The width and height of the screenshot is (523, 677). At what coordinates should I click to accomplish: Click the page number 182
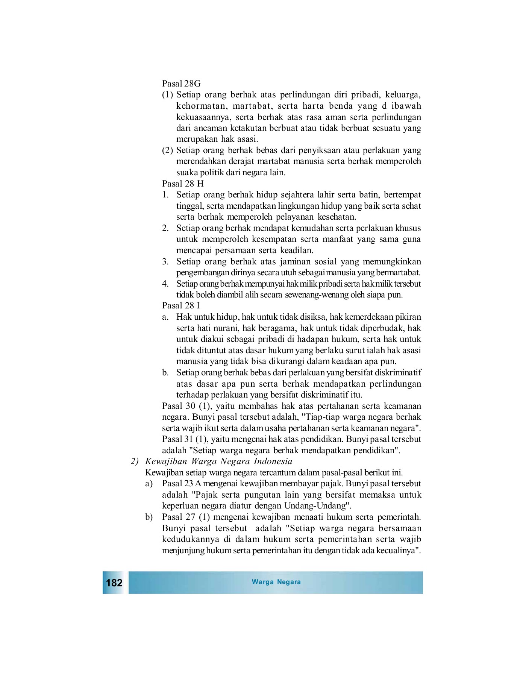click(114, 583)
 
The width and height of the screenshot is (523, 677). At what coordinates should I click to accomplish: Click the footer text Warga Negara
click(276, 582)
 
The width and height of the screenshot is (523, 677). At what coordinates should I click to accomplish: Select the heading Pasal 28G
click(181, 83)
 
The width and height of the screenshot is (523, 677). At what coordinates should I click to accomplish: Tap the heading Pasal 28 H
click(183, 184)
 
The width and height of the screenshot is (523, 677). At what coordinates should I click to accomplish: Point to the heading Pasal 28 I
click(181, 305)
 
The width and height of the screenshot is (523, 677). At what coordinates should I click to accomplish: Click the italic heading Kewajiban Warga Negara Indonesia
click(218, 461)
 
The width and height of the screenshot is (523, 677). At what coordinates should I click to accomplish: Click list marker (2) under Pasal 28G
click(167, 150)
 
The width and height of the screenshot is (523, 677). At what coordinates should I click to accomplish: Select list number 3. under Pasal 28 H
click(165, 262)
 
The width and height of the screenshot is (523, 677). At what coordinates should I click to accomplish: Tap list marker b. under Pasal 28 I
click(165, 373)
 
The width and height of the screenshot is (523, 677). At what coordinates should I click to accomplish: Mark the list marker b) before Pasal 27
click(149, 517)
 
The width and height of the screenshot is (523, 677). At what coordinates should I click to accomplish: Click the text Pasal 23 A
click(182, 484)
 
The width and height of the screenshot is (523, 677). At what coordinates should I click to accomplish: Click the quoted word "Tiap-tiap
click(319, 417)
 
